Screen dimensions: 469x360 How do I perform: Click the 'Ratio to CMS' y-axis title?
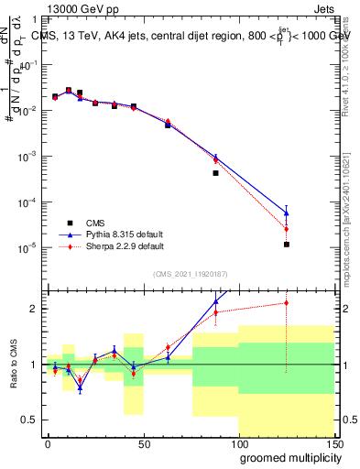tap(12, 364)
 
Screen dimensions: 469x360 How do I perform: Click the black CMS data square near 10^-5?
tap(287, 245)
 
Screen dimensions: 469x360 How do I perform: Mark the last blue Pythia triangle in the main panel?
tap(287, 213)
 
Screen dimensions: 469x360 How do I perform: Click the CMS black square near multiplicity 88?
tap(215, 173)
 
